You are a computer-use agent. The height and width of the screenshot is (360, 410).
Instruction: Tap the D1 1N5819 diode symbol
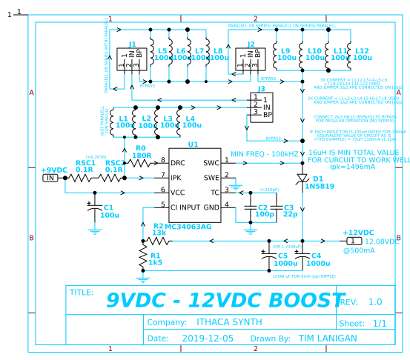[x=302, y=179]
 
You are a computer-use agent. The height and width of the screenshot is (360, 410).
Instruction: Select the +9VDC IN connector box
[x=50, y=178]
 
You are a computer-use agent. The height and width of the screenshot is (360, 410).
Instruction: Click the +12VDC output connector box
[x=354, y=241]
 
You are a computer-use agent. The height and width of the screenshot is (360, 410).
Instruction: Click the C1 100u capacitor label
[x=109, y=212]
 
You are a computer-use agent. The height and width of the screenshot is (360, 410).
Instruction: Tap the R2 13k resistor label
[x=159, y=229]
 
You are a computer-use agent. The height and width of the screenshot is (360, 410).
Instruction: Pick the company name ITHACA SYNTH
[x=229, y=322]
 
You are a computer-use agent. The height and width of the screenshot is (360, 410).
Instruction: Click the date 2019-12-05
[x=207, y=339]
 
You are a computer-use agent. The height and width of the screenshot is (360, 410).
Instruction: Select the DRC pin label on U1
[x=178, y=161]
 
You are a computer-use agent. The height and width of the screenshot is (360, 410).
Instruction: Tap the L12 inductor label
[x=363, y=53]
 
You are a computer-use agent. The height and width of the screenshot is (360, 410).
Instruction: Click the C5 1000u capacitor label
[x=281, y=259]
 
